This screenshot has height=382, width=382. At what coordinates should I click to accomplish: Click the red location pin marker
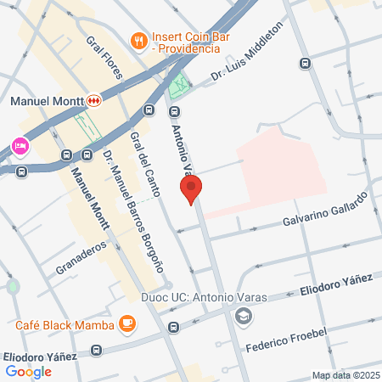point(191,188)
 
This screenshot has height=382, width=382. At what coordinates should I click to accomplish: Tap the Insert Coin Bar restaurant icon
point(137,40)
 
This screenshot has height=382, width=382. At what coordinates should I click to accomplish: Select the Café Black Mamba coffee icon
point(127,323)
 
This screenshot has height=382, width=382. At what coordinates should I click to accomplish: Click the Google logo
point(28,371)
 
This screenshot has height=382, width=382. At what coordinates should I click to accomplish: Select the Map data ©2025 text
point(345,375)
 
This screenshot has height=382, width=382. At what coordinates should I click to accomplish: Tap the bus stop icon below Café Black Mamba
point(173,327)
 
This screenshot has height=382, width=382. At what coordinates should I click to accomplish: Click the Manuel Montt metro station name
point(43,102)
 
